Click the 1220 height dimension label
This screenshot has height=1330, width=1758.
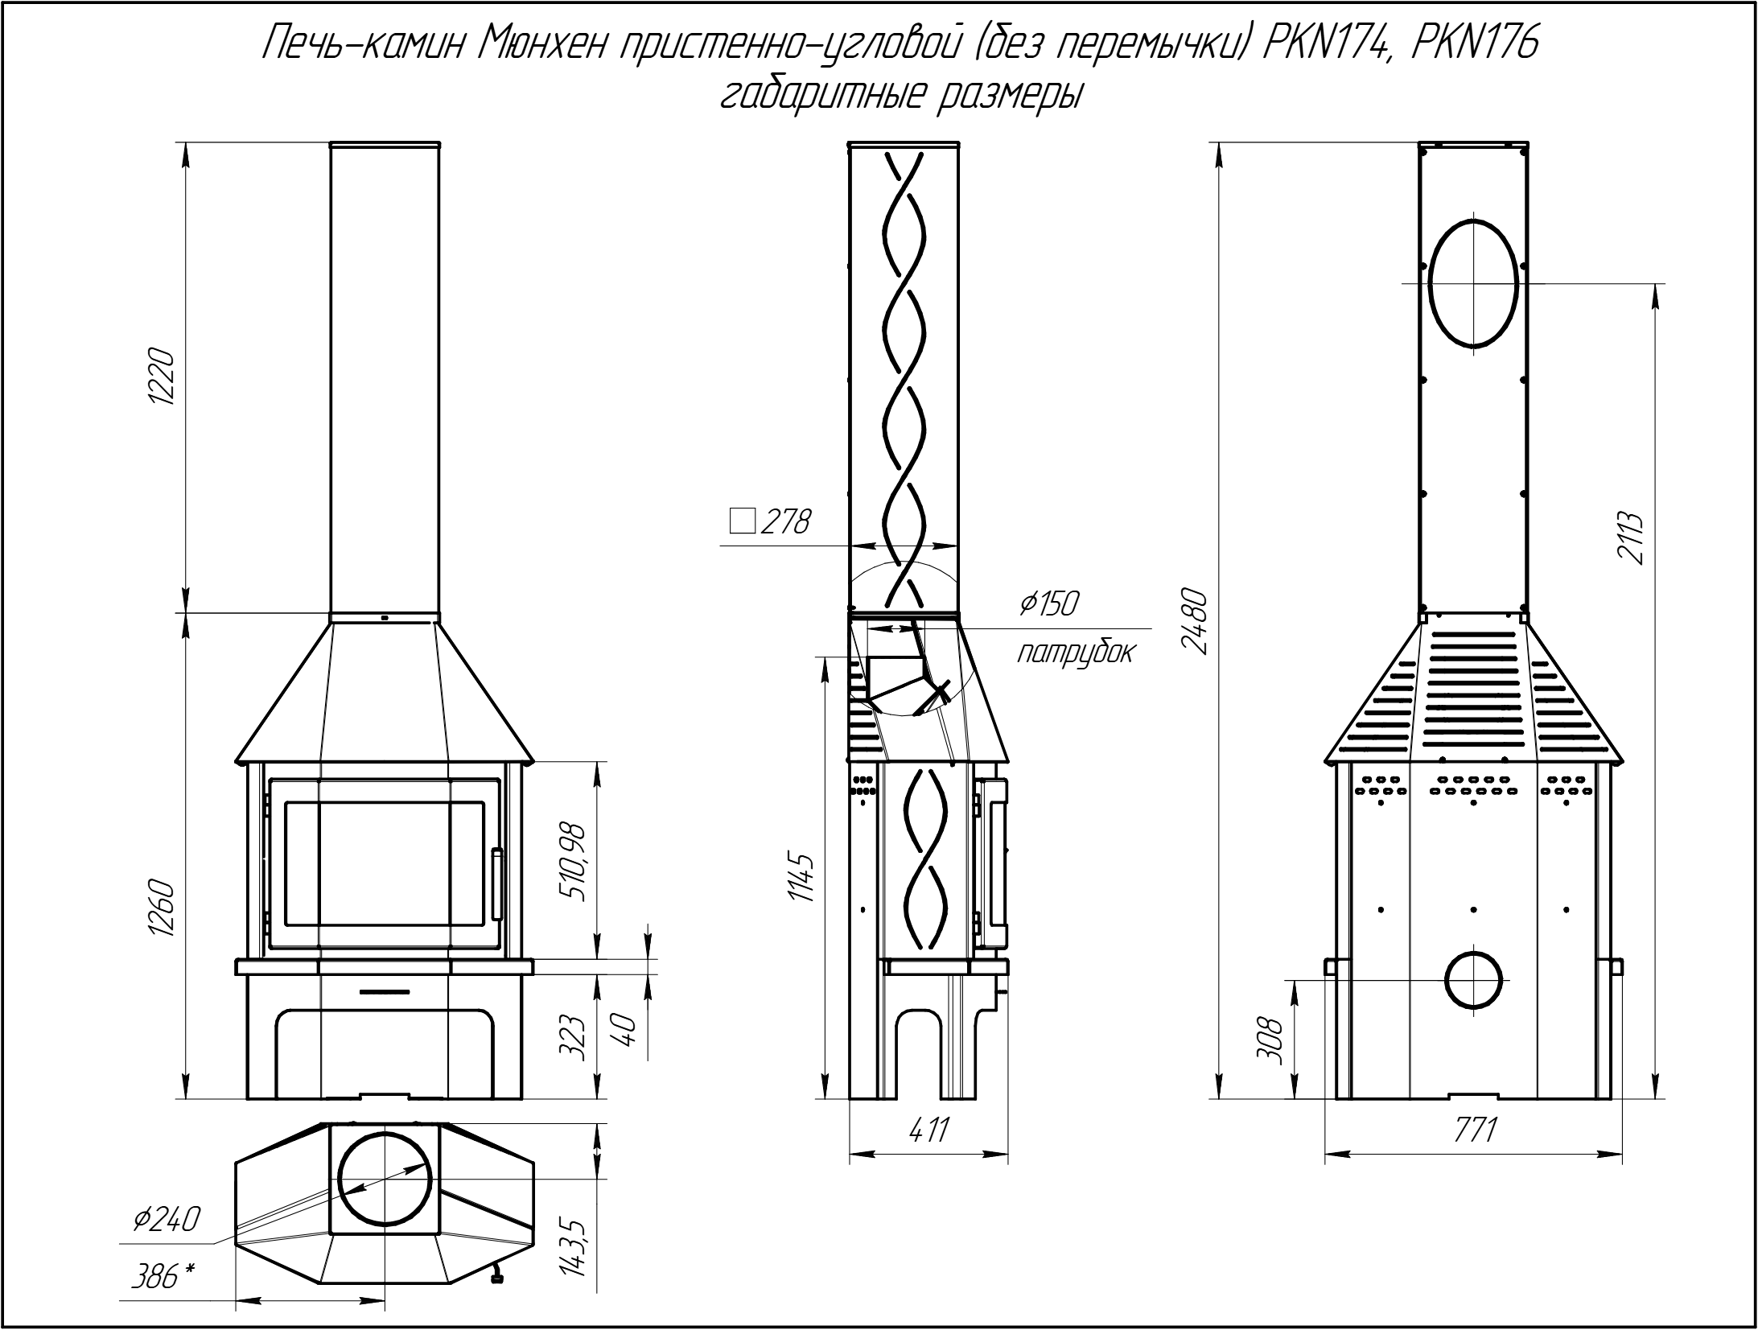click(161, 378)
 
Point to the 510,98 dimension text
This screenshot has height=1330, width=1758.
click(573, 863)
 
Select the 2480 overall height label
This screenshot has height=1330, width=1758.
click(1196, 622)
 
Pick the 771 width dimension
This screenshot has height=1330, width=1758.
click(1473, 1130)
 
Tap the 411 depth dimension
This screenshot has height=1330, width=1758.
click(928, 1130)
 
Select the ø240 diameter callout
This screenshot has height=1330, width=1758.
click(165, 1220)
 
